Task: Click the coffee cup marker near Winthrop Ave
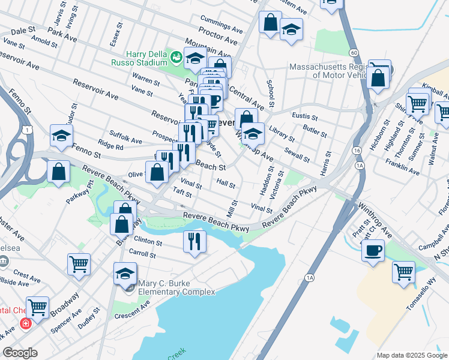(373, 250)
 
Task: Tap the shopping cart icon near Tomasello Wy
(403, 271)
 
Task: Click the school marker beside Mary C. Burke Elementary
(125, 274)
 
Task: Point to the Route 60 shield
(355, 53)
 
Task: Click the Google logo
(20, 352)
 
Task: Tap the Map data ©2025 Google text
(411, 355)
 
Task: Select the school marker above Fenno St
(61, 136)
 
